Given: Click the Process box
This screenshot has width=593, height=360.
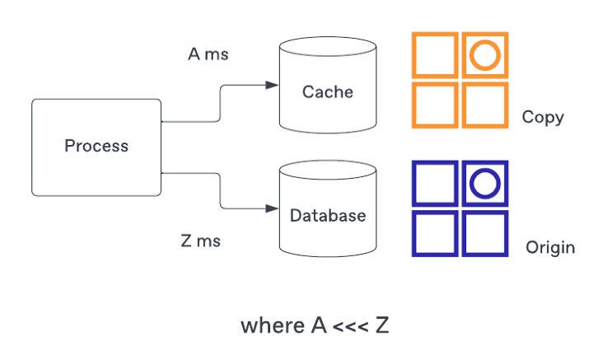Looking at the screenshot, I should pyautogui.click(x=96, y=147).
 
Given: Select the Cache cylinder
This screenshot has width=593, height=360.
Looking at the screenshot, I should pyautogui.click(x=327, y=91).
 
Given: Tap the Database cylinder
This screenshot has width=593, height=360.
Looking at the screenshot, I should pyautogui.click(x=327, y=214).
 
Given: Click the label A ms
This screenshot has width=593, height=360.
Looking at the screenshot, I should pyautogui.click(x=208, y=54).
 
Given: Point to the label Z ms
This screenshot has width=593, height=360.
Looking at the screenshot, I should pyautogui.click(x=200, y=241).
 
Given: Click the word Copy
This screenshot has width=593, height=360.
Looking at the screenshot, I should pyautogui.click(x=543, y=117).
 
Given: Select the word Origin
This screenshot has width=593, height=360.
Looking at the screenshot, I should pyautogui.click(x=550, y=247).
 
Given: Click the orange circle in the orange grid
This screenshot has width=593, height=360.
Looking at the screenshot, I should pyautogui.click(x=484, y=56).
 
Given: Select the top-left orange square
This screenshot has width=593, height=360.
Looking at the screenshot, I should pyautogui.click(x=435, y=56).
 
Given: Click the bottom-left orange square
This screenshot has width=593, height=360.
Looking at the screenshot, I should pyautogui.click(x=435, y=105).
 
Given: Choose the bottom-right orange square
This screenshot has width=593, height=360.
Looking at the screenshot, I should pyautogui.click(x=484, y=105).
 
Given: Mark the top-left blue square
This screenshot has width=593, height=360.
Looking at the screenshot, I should pyautogui.click(x=435, y=184).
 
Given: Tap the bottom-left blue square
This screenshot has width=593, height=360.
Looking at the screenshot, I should pyautogui.click(x=435, y=233).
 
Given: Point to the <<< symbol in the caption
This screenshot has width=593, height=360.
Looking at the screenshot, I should pyautogui.click(x=349, y=326).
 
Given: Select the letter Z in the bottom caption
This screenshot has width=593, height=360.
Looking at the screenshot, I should pyautogui.click(x=381, y=325).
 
